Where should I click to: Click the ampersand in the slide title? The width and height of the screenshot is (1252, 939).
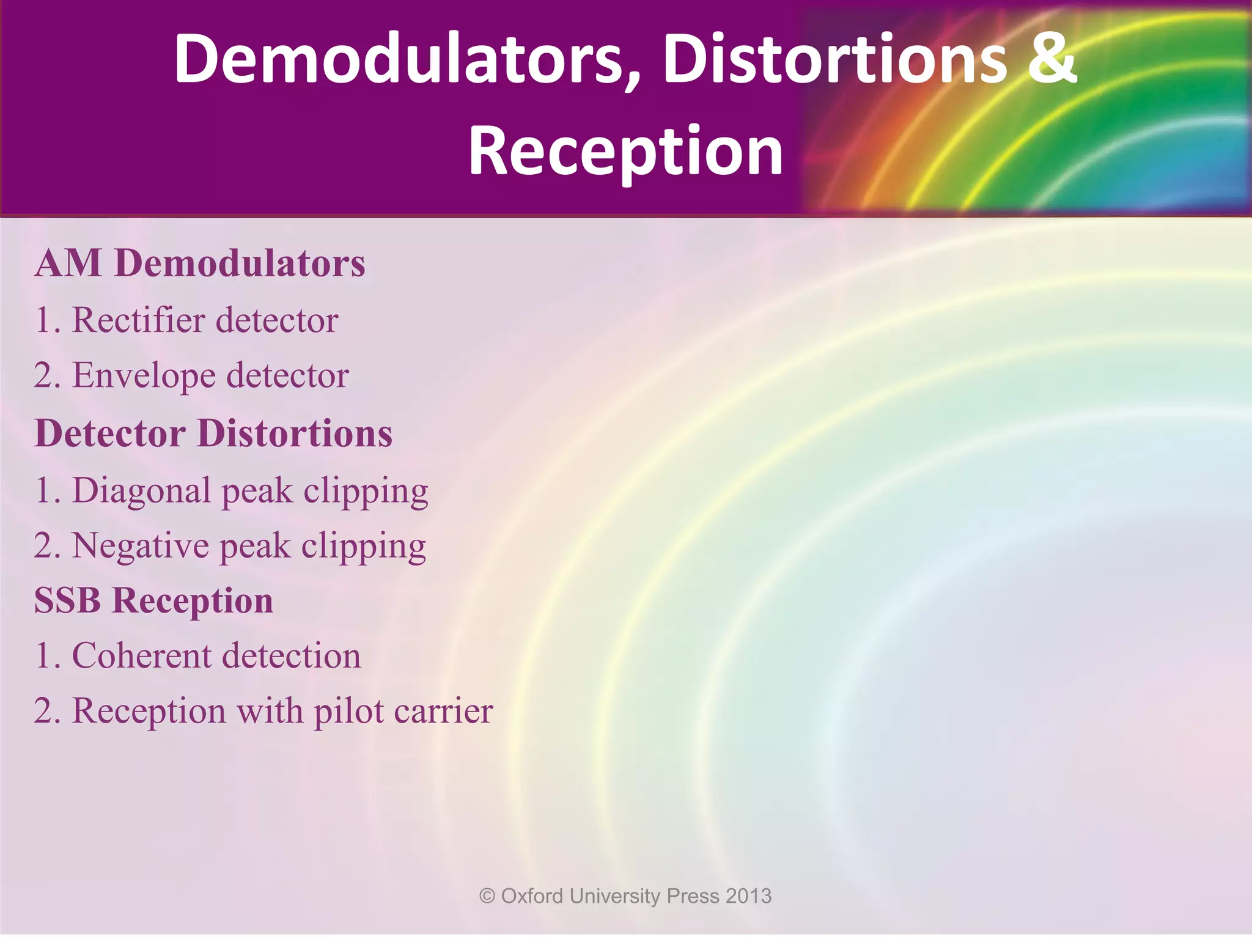[x=1051, y=60]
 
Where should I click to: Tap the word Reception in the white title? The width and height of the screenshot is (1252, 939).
[x=625, y=150]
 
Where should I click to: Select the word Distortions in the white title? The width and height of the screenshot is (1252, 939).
[x=835, y=60]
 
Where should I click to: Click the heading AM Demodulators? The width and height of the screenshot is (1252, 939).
[x=200, y=263]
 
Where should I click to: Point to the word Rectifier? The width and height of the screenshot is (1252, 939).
[x=138, y=320]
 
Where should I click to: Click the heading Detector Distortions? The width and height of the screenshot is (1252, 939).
[x=213, y=433]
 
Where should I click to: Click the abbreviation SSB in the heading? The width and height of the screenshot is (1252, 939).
[x=67, y=600]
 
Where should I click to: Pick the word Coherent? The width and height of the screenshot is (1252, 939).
[x=141, y=656]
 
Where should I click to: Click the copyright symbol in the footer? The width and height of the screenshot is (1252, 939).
[x=487, y=896]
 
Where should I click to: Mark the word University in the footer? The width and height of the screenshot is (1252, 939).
[x=615, y=896]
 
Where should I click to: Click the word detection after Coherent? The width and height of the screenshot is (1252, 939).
[x=291, y=656]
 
